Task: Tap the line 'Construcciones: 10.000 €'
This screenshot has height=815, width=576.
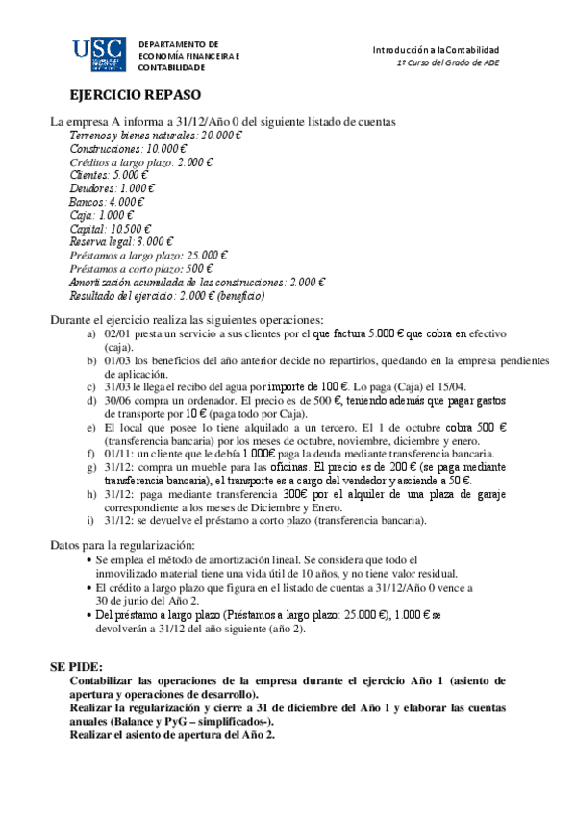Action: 128,149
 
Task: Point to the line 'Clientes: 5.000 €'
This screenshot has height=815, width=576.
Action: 111,176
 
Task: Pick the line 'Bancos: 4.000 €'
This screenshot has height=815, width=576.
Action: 106,203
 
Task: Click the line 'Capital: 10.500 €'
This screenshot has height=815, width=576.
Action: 111,229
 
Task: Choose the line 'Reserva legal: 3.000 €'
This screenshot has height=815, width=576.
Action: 122,242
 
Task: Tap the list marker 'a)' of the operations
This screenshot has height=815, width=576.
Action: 91,333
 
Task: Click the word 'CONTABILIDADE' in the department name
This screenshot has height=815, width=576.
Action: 172,68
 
